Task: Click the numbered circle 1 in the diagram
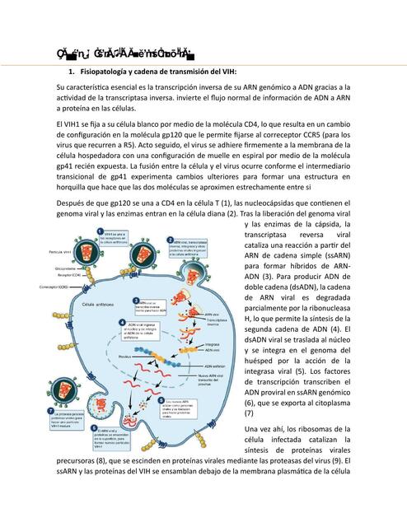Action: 99,233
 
